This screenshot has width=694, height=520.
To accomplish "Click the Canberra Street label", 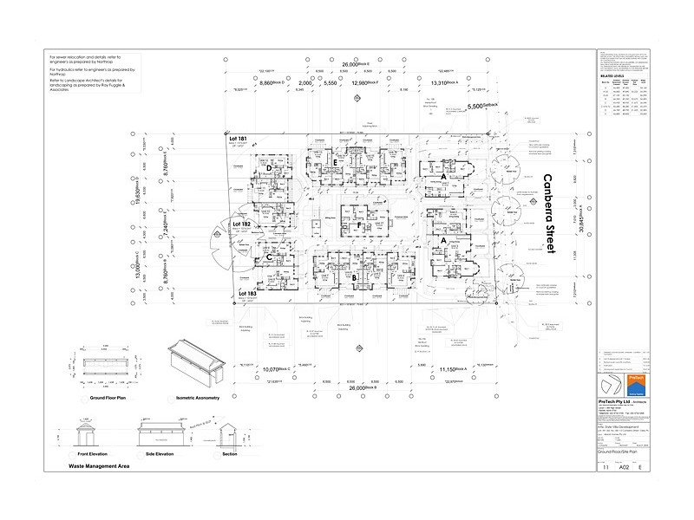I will [547, 213].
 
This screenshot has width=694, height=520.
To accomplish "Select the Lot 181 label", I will [239, 139].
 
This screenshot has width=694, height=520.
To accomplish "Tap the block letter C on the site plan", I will [269, 258].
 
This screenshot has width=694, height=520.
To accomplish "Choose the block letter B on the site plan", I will [356, 277].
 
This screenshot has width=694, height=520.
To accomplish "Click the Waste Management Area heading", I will [92, 465].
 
